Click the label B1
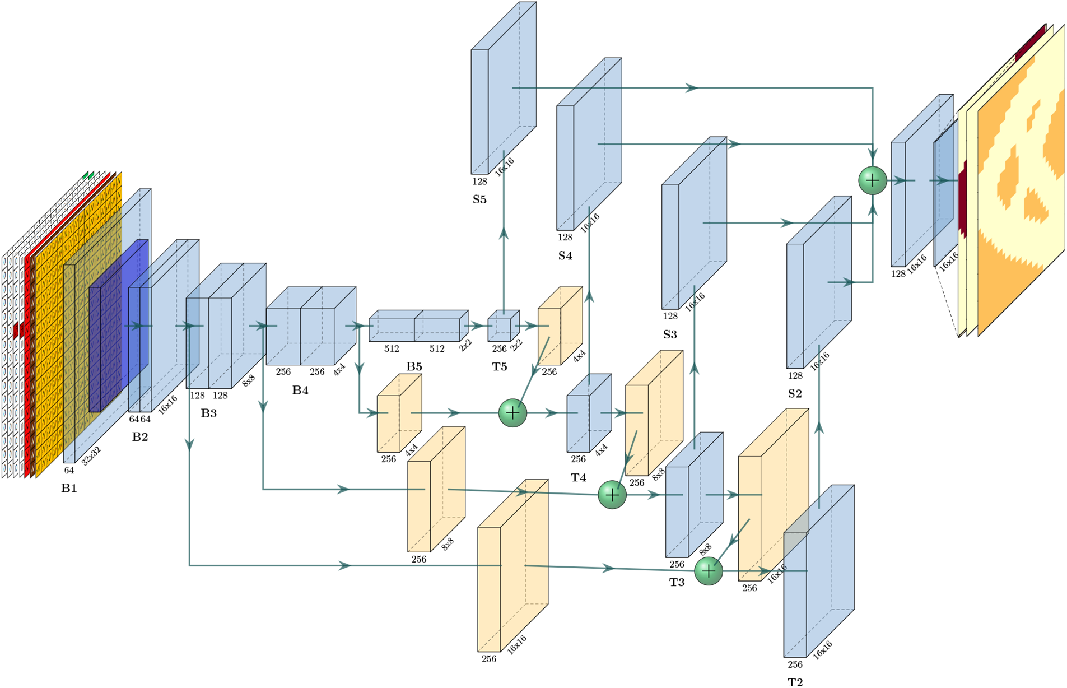click(69, 488)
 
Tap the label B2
click(140, 436)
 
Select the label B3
click(208, 413)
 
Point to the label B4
click(300, 390)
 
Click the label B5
click(414, 366)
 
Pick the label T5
click(499, 366)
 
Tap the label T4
click(578, 477)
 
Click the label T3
click(677, 582)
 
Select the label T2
click(795, 681)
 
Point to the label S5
click(479, 199)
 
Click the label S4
click(565, 256)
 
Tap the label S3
click(670, 334)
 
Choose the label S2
click(795, 393)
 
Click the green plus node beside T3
click(708, 571)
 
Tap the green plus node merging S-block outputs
click(872, 180)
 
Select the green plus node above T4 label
click(512, 413)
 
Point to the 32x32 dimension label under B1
click(91, 456)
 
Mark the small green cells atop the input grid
click(88, 176)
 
